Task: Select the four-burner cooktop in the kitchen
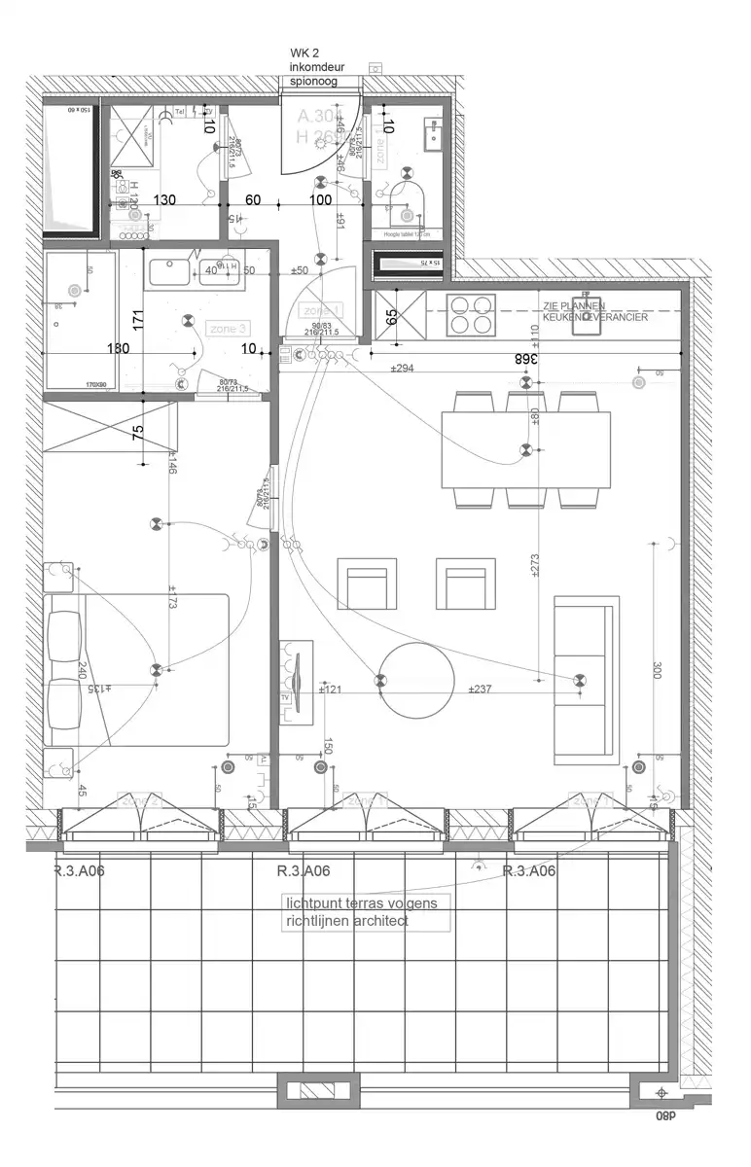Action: coord(470,313)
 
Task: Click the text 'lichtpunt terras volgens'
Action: coord(361,903)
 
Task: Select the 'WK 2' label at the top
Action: coord(304,52)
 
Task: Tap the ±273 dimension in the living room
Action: coord(536,567)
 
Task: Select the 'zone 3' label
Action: coord(228,329)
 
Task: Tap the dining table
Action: coord(525,450)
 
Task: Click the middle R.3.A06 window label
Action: coord(304,871)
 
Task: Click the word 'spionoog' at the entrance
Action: coord(313,83)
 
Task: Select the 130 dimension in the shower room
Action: coord(165,200)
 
